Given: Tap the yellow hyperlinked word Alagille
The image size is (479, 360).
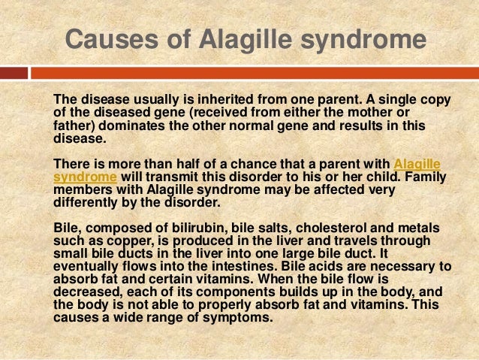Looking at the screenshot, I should click(x=417, y=163).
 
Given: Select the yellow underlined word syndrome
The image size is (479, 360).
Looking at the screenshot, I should click(x=85, y=177).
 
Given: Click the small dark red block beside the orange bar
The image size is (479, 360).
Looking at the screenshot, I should click(x=14, y=74).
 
